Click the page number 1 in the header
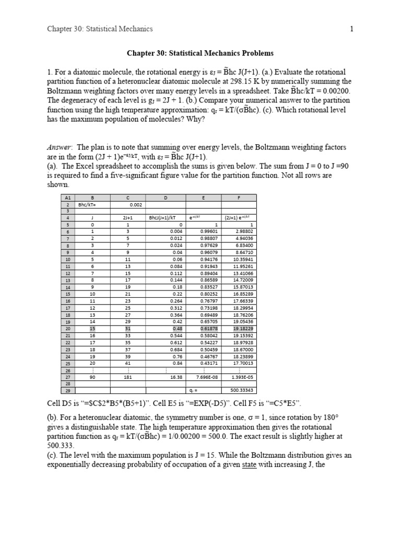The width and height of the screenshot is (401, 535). [352, 29]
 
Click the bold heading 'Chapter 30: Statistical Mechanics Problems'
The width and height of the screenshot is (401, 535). [200, 53]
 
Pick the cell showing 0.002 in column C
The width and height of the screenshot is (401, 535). [128, 205]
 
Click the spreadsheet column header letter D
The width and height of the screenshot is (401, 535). [165, 198]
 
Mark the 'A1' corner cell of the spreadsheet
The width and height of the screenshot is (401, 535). [67, 198]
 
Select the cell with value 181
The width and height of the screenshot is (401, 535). [128, 376]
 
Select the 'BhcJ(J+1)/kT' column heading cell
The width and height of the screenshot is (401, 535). [165, 218]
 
